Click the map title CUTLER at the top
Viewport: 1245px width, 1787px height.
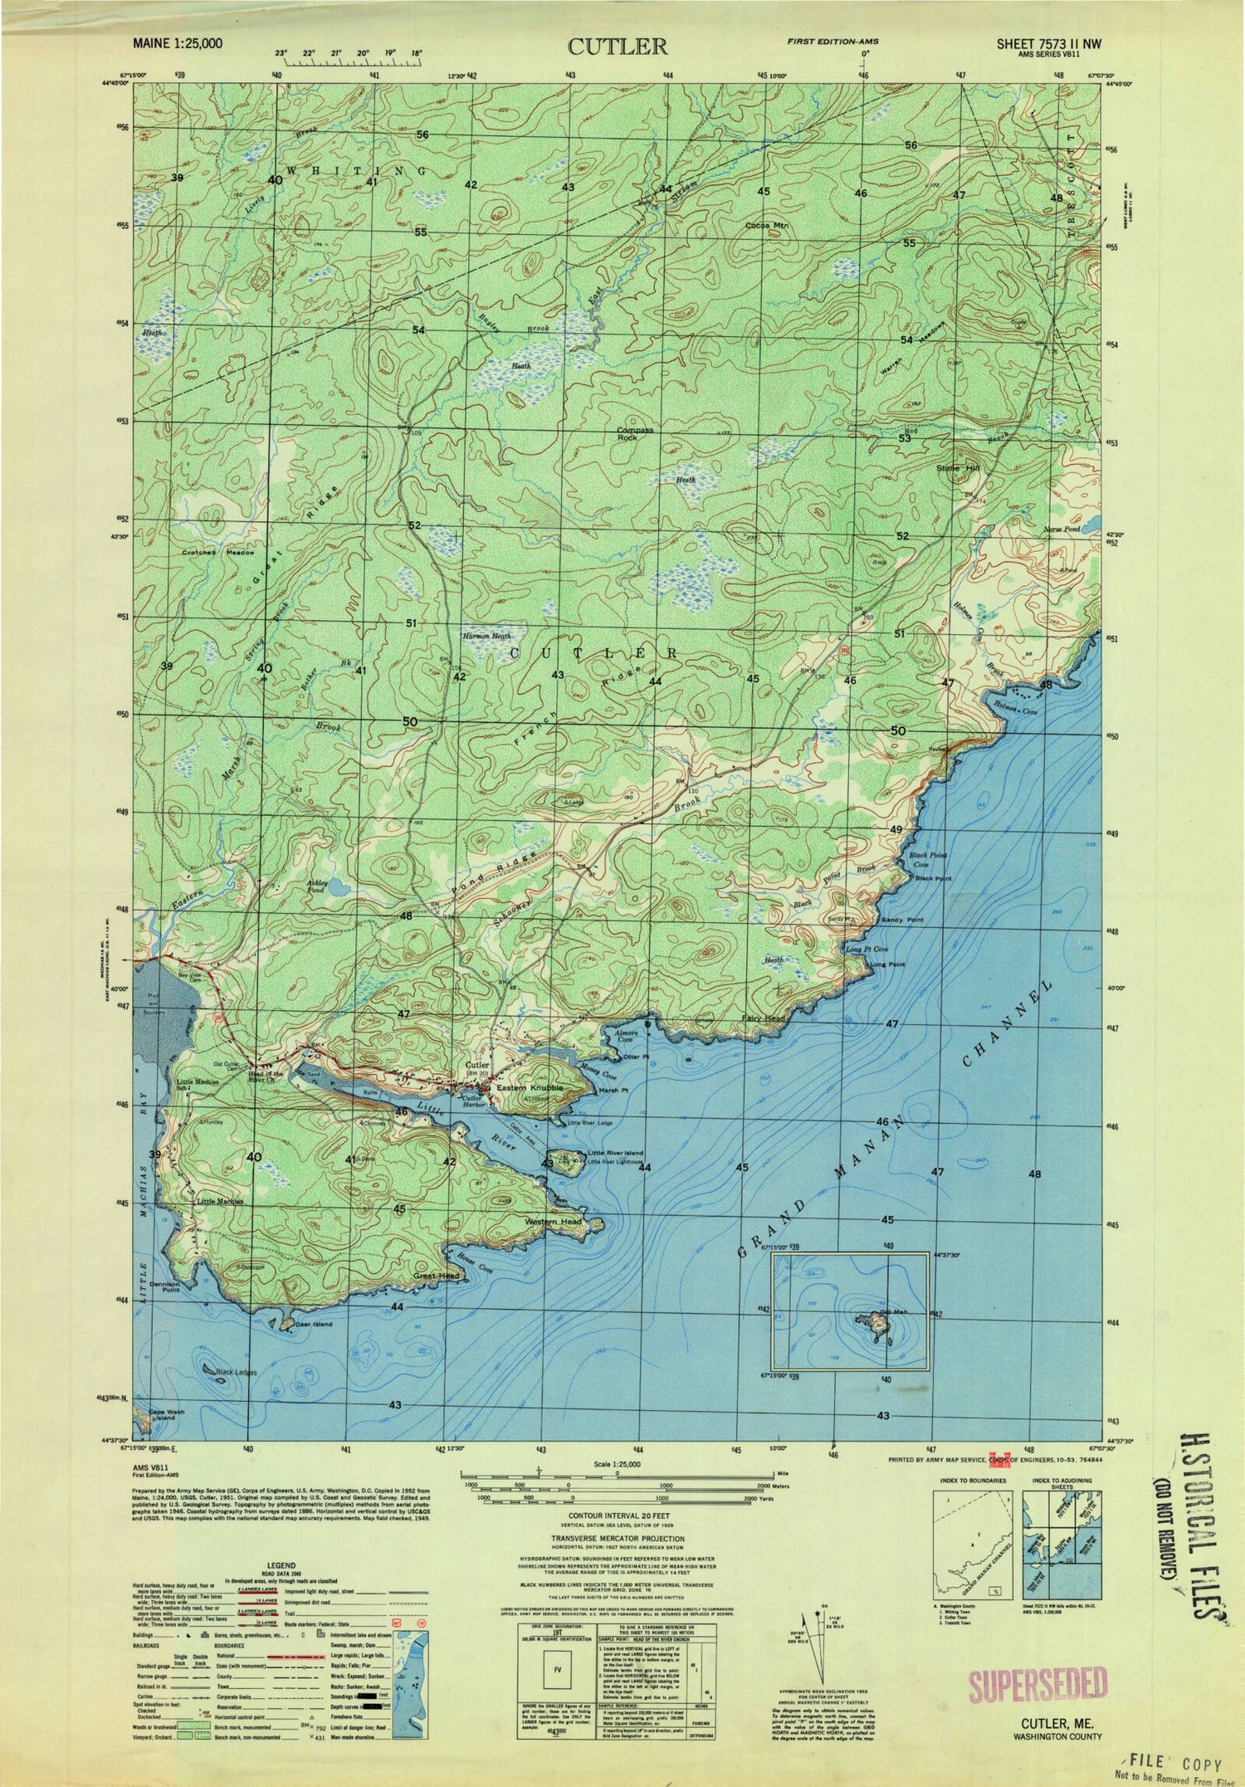tap(618, 46)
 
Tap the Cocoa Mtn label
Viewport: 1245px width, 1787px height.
tap(766, 225)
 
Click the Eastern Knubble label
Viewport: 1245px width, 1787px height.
tap(530, 1087)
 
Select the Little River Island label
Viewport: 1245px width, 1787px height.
tap(615, 1153)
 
